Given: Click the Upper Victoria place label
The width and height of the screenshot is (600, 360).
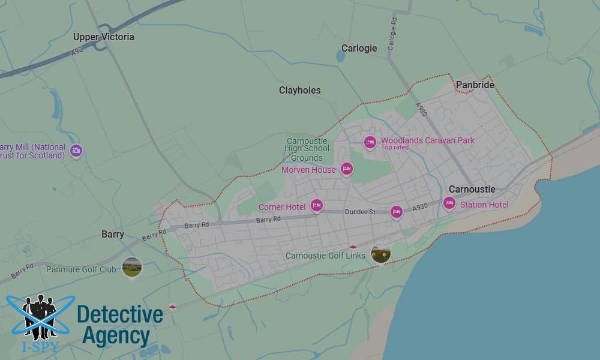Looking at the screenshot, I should pos(104,37).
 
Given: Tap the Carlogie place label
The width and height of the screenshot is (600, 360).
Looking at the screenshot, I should pos(359,49).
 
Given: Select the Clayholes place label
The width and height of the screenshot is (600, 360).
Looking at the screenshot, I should pos(299,91).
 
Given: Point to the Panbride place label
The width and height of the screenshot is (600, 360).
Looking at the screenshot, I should pos(475,85).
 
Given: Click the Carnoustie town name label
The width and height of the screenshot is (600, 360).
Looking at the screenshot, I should pos(472,190).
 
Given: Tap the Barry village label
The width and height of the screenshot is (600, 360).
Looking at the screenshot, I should pos(112,235).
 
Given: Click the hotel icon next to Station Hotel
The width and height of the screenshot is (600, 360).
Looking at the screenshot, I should pos(449,204).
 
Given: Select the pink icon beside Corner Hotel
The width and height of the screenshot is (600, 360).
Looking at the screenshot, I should pos(316,206).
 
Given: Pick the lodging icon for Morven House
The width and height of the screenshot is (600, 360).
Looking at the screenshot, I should pos(346,169).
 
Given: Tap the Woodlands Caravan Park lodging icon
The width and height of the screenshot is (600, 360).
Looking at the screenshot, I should pos(370,142).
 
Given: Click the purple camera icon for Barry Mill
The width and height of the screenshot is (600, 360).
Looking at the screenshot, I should pos(76,151).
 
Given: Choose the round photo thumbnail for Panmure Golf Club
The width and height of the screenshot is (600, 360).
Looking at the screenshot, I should pos(132,266).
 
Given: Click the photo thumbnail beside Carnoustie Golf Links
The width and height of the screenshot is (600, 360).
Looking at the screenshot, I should pos(381,253).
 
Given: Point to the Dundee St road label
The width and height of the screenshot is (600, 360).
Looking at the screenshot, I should pos(360,212).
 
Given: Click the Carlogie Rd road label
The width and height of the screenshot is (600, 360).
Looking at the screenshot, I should pos(393,33).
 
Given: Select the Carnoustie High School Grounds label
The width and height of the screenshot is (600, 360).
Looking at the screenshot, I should pos(307,149).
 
